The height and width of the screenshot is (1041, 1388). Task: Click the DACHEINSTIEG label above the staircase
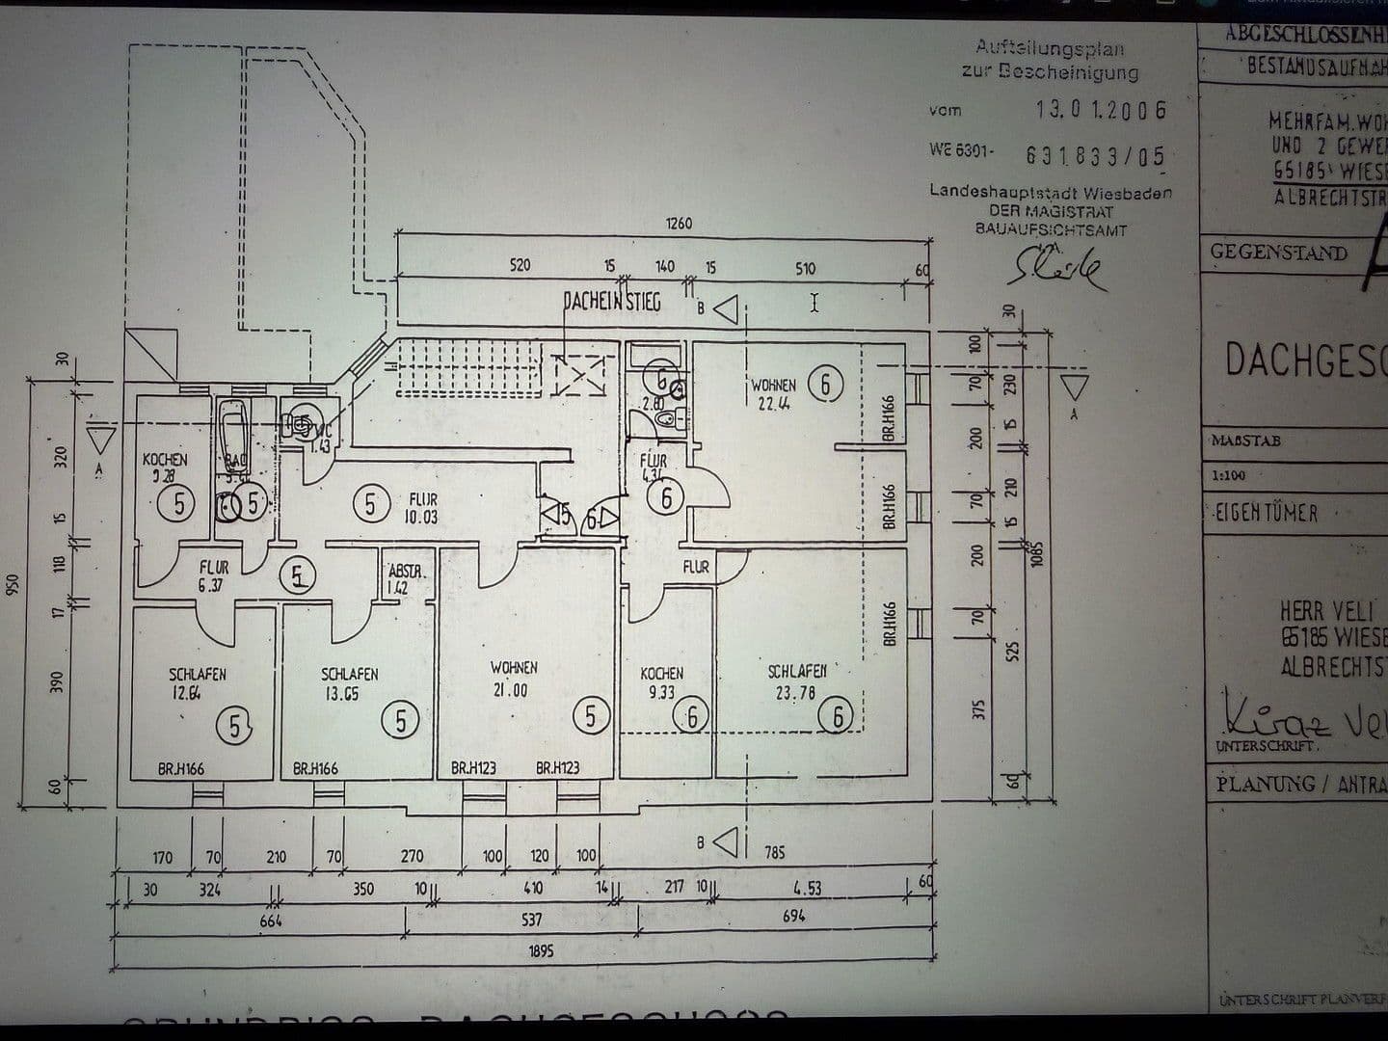612,303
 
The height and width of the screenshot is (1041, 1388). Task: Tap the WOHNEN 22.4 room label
773,394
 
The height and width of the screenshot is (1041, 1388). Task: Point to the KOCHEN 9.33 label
661,682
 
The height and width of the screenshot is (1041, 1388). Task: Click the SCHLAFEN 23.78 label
796,681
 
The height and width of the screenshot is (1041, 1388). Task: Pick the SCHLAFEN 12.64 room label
197,682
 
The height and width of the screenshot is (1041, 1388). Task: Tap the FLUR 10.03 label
422,508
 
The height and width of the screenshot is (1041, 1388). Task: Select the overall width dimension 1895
541,951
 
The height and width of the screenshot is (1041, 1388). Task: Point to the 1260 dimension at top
679,224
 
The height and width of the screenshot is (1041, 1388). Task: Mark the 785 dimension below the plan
774,852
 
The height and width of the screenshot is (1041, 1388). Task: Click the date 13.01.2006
1101,110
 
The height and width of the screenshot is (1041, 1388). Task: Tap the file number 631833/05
1095,155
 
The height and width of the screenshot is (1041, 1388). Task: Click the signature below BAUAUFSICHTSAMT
1056,267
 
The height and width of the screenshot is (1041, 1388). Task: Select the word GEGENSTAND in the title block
1278,253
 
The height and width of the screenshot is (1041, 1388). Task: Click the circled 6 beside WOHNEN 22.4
825,385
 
